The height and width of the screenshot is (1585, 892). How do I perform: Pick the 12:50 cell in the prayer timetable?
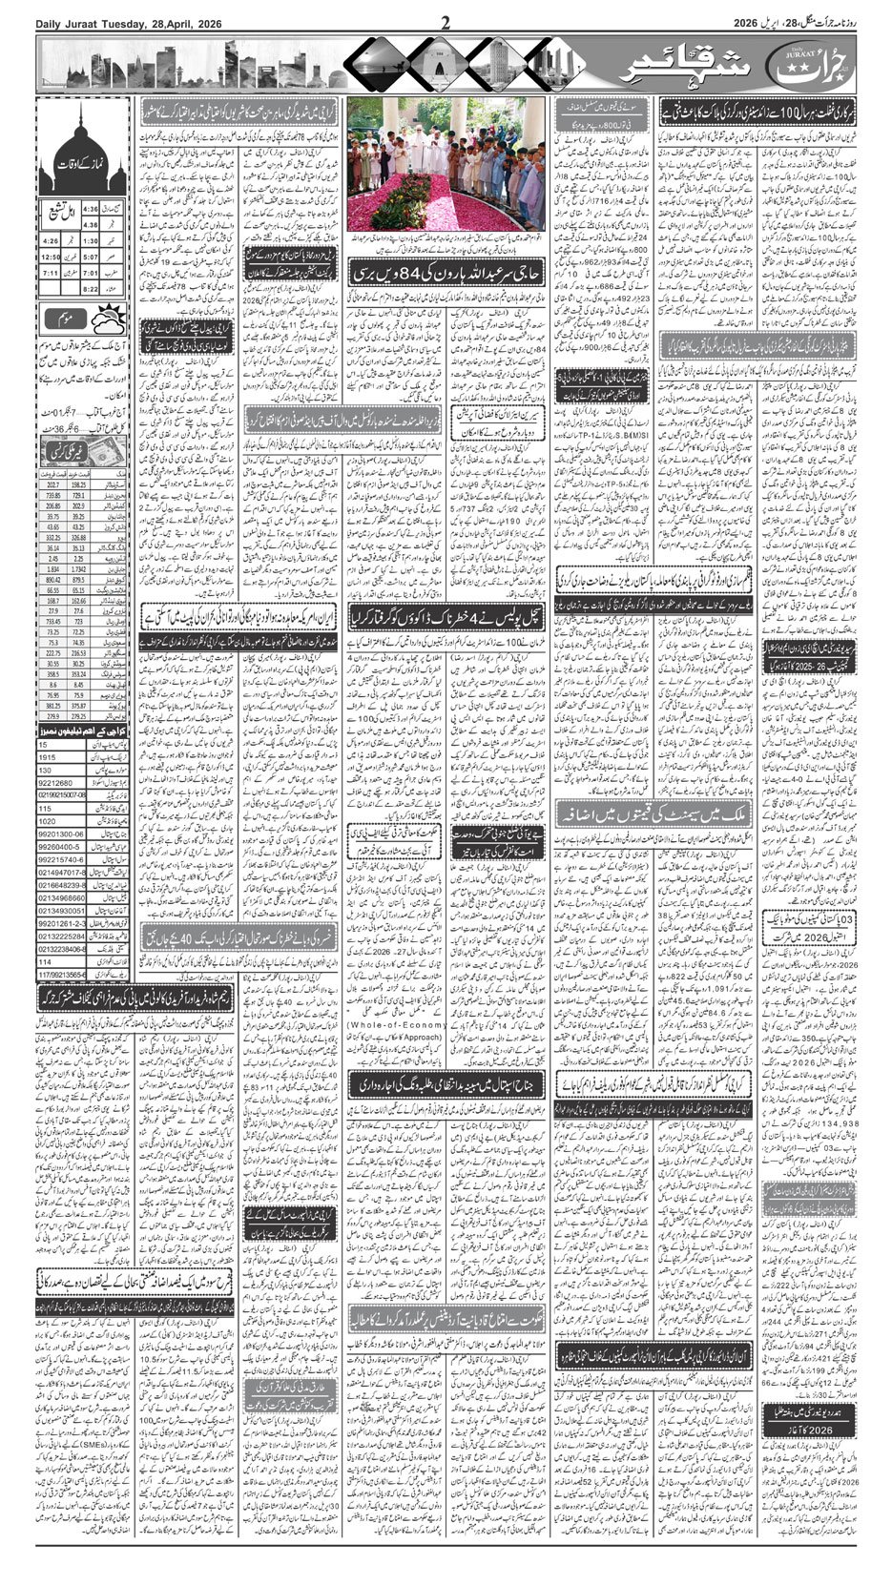tap(51, 256)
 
